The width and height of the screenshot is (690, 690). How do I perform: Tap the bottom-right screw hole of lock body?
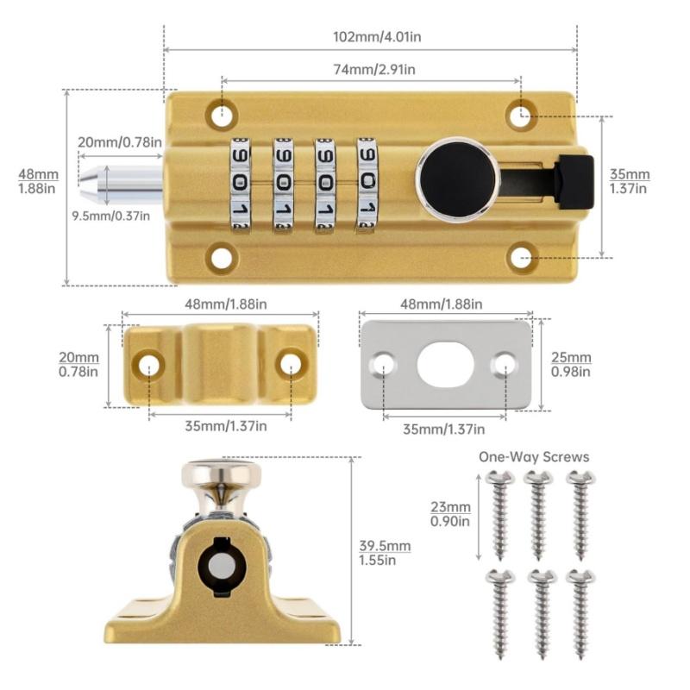(x=520, y=256)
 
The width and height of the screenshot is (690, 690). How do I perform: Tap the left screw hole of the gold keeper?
(x=149, y=363)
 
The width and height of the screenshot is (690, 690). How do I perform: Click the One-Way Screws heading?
(x=534, y=457)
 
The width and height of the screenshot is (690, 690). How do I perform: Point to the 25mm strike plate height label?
(x=570, y=364)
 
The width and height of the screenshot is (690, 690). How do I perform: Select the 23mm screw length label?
(x=451, y=513)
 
